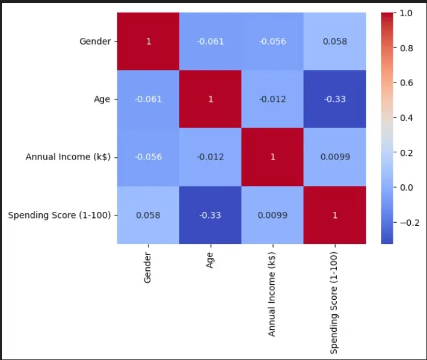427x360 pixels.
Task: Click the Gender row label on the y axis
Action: [x=95, y=42]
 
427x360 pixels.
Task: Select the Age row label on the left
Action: [x=102, y=99]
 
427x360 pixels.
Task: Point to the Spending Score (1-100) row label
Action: [x=60, y=215]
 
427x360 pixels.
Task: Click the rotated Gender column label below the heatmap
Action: [x=147, y=268]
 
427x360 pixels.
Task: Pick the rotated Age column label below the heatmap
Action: [x=210, y=259]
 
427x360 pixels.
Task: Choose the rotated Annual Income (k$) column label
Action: [x=272, y=294]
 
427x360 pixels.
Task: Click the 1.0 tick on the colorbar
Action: [x=405, y=13]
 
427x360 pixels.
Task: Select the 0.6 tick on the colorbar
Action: [x=405, y=82]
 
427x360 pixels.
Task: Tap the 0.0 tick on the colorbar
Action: [x=405, y=187]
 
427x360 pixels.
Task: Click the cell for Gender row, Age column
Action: [x=210, y=42]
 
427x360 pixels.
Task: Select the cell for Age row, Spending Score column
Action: [x=335, y=99]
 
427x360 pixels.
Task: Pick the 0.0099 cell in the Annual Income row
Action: [x=335, y=157]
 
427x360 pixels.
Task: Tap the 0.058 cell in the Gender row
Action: [x=335, y=42]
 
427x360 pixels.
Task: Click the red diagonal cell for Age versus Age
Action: [x=210, y=99]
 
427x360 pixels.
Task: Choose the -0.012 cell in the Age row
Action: [x=272, y=99]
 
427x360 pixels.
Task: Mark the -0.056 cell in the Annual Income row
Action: [x=148, y=157]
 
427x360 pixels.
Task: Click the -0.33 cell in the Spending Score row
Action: [x=210, y=215]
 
